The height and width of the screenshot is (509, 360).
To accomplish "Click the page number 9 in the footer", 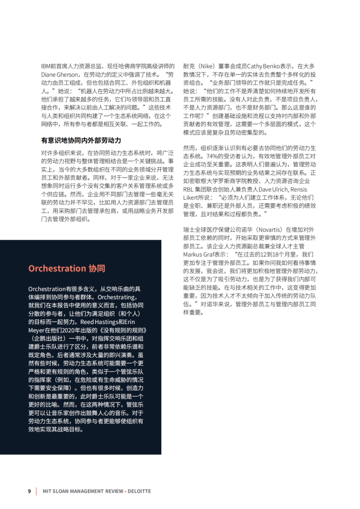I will click(x=29, y=491).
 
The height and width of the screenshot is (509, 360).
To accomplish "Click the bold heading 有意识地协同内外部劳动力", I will click(x=81, y=140).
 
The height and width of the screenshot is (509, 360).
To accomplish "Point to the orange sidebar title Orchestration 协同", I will click(x=67, y=268).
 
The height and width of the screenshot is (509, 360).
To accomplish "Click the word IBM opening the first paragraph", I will click(x=46, y=66).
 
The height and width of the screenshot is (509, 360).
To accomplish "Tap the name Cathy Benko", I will click(x=262, y=66).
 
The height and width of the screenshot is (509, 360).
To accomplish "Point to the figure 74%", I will click(x=190, y=156).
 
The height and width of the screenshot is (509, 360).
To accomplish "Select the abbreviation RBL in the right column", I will click(x=189, y=189).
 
